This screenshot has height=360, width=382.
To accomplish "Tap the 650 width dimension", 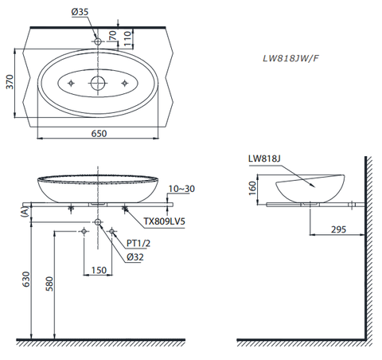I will click(98, 134).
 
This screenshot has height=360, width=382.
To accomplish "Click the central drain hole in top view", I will click(98, 83).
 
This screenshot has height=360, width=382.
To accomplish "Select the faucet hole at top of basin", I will click(98, 40).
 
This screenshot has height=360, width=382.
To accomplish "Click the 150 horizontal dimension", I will click(98, 270).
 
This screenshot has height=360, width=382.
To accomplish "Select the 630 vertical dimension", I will click(26, 278).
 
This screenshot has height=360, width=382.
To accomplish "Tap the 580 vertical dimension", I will click(50, 284).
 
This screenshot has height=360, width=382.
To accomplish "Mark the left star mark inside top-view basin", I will click(72, 83).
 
